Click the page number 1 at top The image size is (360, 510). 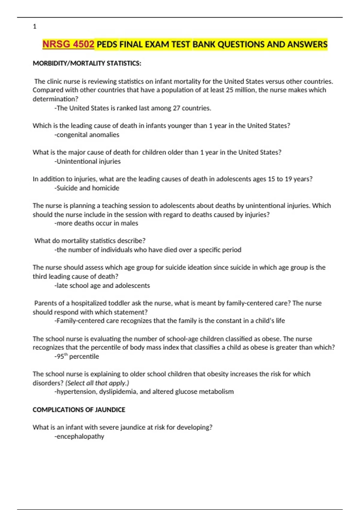pos(34,26)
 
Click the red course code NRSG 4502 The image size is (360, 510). pos(68,44)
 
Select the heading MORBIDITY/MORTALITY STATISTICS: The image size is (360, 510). pos(87,63)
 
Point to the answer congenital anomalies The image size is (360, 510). pos(88,135)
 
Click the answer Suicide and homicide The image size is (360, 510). pos(88,188)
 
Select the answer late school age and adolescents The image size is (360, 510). pos(103,286)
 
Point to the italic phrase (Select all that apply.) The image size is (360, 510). pos(97,383)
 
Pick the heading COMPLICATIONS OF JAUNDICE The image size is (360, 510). pos(79,410)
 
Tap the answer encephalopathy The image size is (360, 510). pos(80,436)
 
